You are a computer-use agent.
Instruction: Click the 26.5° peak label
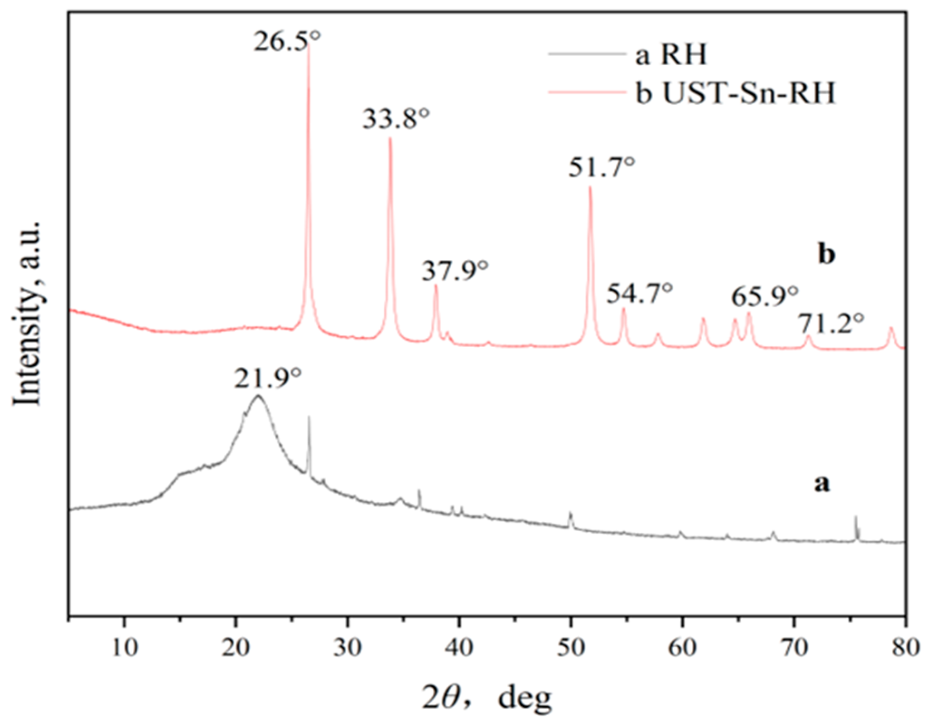pyautogui.click(x=287, y=42)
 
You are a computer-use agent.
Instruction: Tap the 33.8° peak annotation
pyautogui.click(x=396, y=119)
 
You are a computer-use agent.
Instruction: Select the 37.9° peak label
pyautogui.click(x=455, y=271)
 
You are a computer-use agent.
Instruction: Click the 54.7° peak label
pyautogui.click(x=639, y=293)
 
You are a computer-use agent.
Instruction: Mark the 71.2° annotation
pyautogui.click(x=831, y=324)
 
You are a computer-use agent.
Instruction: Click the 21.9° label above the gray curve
pyautogui.click(x=268, y=379)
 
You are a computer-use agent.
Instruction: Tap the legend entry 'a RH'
pyautogui.click(x=671, y=55)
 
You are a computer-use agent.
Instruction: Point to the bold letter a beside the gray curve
pyautogui.click(x=822, y=484)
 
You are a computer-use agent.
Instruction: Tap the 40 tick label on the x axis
pyautogui.click(x=459, y=649)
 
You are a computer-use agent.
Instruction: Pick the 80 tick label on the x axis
pyautogui.click(x=905, y=649)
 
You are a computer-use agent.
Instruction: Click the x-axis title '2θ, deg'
pyautogui.click(x=487, y=698)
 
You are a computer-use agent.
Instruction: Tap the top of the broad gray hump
pyautogui.click(x=258, y=396)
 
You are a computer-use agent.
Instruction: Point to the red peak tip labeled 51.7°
pyautogui.click(x=590, y=187)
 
